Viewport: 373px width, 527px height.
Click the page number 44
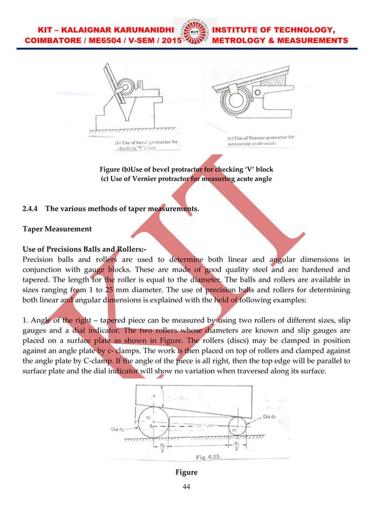coord(186,487)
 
